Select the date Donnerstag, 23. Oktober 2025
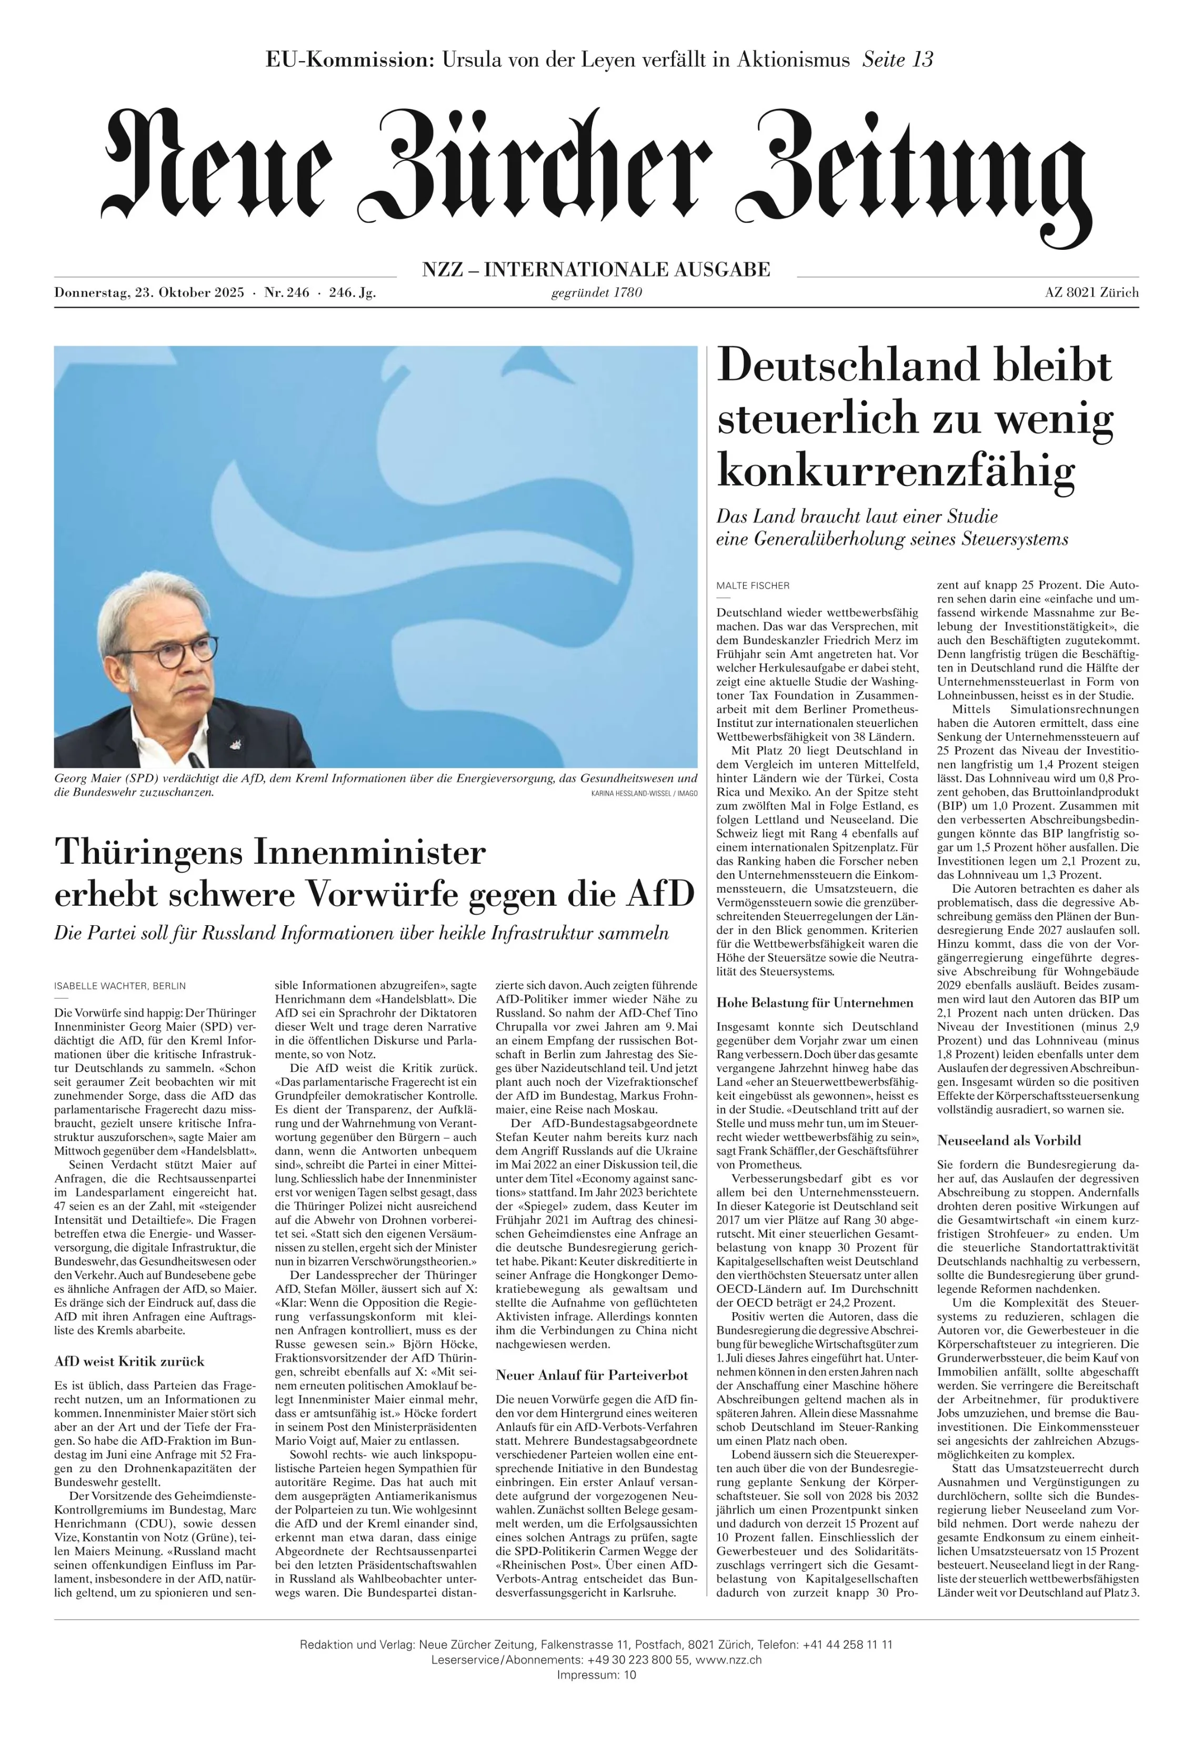pyautogui.click(x=149, y=293)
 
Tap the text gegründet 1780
pyautogui.click(x=596, y=292)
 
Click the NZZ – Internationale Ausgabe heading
pyautogui.click(x=596, y=269)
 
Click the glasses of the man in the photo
pyautogui.click(x=169, y=652)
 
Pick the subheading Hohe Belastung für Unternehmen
pyautogui.click(x=815, y=1003)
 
